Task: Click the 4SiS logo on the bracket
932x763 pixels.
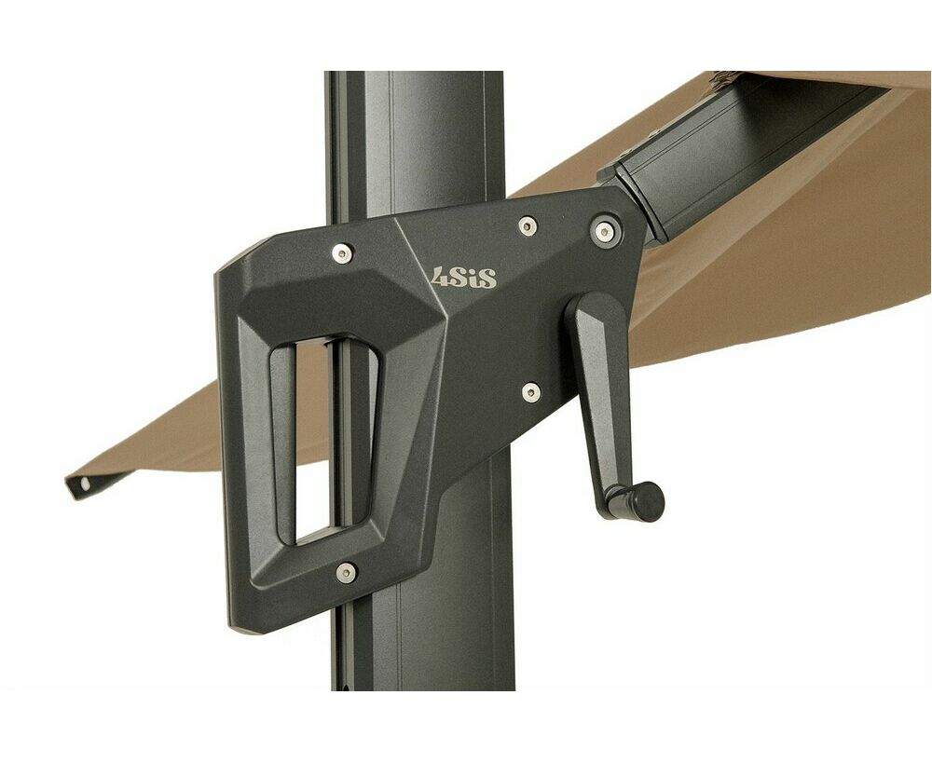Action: (x=463, y=278)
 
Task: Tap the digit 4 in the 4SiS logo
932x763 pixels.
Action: (x=441, y=277)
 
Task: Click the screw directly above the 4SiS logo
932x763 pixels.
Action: (x=528, y=225)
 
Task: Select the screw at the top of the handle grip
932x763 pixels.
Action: (x=342, y=253)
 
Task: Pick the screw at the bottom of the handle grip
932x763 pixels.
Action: (x=346, y=573)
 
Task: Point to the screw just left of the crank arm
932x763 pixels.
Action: (x=531, y=392)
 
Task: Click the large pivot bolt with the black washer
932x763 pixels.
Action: (x=605, y=230)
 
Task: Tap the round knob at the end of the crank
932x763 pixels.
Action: (x=647, y=500)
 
